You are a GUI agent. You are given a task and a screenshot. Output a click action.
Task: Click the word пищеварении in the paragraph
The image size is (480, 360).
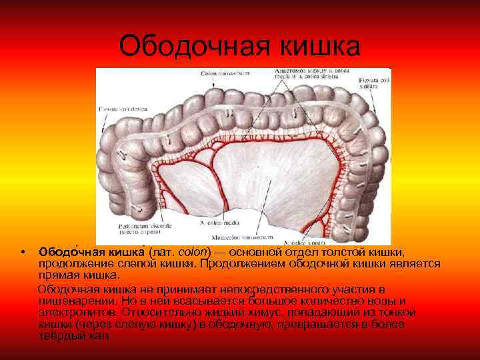[71, 301]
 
